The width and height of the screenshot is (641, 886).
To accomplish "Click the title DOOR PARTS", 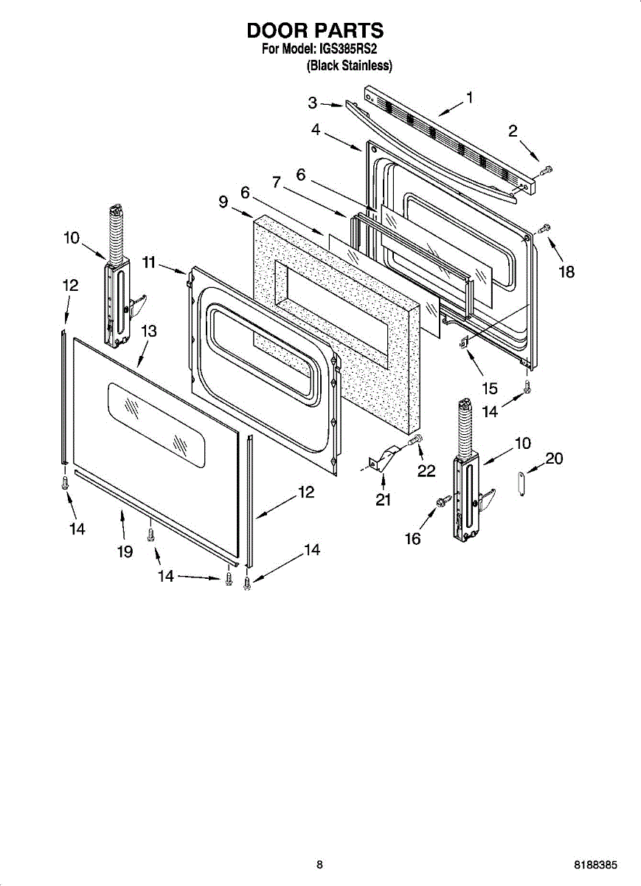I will (315, 31).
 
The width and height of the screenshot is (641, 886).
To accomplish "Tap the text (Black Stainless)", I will (349, 66).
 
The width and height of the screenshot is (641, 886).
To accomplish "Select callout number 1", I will (469, 97).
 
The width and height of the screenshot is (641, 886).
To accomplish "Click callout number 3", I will (313, 103).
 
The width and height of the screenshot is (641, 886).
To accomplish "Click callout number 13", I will (149, 332).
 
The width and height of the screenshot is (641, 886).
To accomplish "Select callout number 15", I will (489, 388).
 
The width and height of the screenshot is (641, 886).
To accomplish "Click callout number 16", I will (412, 539).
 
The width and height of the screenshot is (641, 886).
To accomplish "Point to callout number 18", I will (566, 272).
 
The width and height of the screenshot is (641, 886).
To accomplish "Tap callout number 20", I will (554, 459).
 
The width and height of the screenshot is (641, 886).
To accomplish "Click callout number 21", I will (383, 501).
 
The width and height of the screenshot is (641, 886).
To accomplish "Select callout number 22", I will (426, 470).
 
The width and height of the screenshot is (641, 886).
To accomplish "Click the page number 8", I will (319, 865).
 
